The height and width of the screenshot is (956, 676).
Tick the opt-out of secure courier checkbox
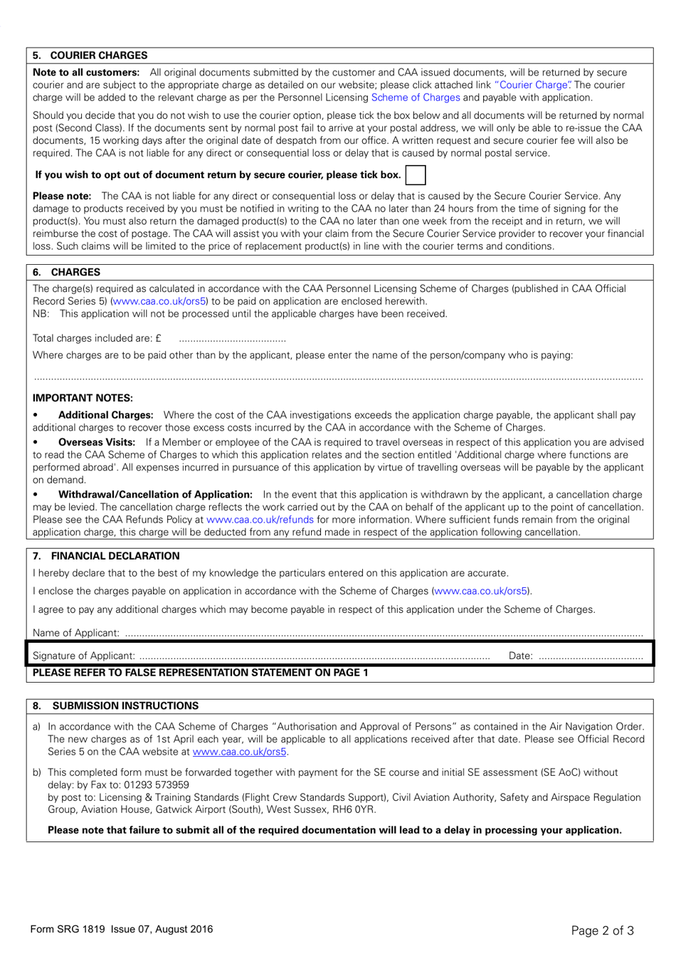415,175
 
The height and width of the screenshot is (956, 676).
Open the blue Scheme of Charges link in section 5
416,98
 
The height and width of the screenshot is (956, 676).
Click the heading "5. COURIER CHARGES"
90,56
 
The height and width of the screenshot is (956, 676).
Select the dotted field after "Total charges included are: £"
232,339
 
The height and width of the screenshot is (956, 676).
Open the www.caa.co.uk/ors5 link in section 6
159,301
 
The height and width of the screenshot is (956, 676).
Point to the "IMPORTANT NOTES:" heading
83,398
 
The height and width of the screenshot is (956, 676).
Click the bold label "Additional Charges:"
105,415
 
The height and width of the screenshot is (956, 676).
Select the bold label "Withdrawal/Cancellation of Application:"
155,495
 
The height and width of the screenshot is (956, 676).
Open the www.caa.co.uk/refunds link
260,520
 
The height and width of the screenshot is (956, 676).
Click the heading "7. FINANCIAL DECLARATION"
107,556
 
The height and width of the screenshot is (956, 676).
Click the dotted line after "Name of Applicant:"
383,634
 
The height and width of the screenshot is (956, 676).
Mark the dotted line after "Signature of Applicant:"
314,656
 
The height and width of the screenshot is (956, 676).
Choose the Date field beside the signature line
590,656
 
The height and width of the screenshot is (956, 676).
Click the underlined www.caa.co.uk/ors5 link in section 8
239,752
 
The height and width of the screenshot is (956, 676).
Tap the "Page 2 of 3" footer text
602,930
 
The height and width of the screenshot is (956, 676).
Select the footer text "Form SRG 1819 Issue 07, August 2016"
121,929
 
